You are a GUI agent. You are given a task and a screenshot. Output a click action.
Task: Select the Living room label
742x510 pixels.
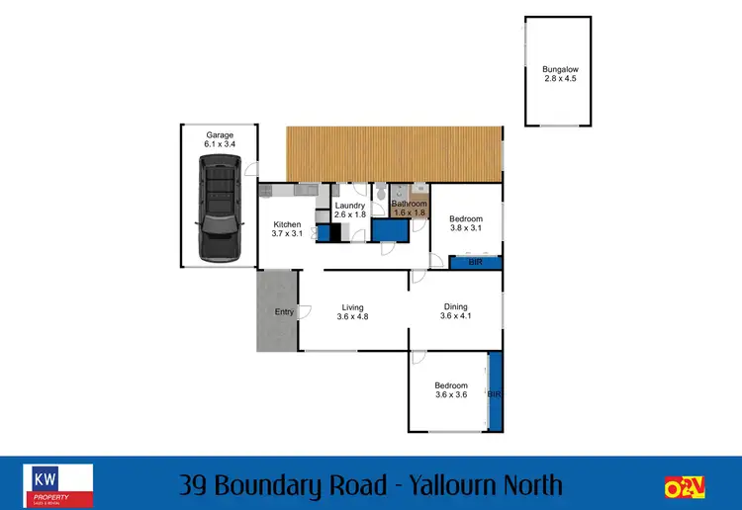(x=353, y=311)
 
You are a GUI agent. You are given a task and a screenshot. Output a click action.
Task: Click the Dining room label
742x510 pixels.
(x=459, y=311)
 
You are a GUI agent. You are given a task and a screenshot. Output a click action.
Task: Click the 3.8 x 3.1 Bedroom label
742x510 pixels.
(x=465, y=223)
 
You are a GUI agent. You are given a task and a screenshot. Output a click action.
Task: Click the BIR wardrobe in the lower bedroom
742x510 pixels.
(x=495, y=392)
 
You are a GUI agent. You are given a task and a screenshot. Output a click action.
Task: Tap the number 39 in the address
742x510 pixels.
(x=196, y=485)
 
